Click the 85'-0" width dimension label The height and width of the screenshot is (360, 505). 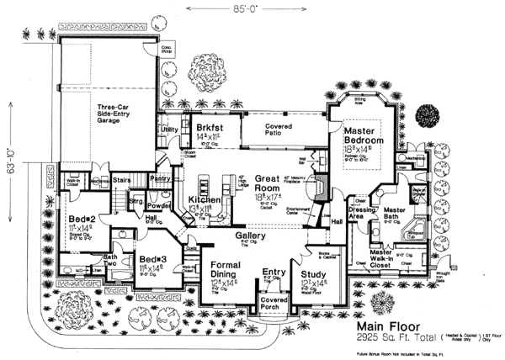pyautogui.click(x=252, y=12)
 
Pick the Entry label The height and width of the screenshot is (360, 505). pyautogui.click(x=274, y=272)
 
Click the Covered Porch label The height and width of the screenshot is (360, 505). pyautogui.click(x=274, y=304)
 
